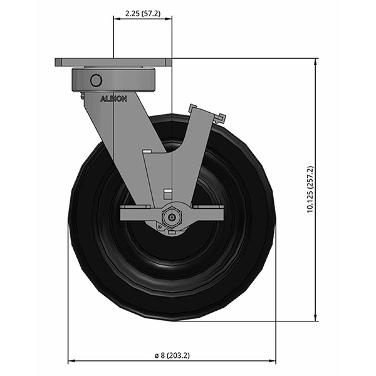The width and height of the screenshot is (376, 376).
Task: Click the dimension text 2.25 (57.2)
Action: (142, 13)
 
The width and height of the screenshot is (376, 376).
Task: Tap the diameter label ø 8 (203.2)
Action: (172, 355)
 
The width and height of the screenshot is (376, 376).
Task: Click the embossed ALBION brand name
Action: (113, 98)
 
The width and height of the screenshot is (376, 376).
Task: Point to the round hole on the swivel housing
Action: (96, 80)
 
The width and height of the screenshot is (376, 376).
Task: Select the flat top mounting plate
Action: (113, 63)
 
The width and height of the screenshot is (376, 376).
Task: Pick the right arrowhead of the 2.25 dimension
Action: (169, 18)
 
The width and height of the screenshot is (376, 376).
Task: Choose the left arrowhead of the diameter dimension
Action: (71, 362)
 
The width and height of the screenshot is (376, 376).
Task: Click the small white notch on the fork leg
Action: (147, 151)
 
